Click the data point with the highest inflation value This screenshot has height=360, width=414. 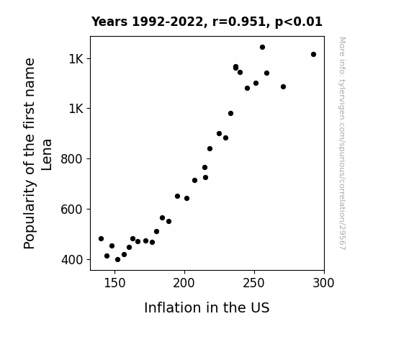pos(313,55)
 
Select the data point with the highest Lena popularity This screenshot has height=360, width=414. pos(262,48)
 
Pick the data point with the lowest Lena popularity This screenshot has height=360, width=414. pos(118,260)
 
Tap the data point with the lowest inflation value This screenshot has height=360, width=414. pos(101,239)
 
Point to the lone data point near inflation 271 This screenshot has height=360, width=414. pos(283,87)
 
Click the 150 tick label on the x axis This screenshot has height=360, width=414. pos(114,283)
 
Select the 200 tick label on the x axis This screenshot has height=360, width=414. pos(184,283)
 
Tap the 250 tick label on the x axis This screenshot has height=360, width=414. pos(253,283)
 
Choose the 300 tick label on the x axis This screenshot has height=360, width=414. pos(323,283)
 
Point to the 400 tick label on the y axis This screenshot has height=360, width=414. pos(72,260)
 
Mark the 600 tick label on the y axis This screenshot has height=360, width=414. pos(72,210)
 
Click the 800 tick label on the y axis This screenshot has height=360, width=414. pos(72,159)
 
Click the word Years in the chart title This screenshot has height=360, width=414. pos(109,22)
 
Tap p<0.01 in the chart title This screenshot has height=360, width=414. pos(299,22)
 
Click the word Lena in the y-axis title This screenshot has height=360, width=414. pos(47,155)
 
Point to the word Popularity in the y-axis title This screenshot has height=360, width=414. pos(30,215)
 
